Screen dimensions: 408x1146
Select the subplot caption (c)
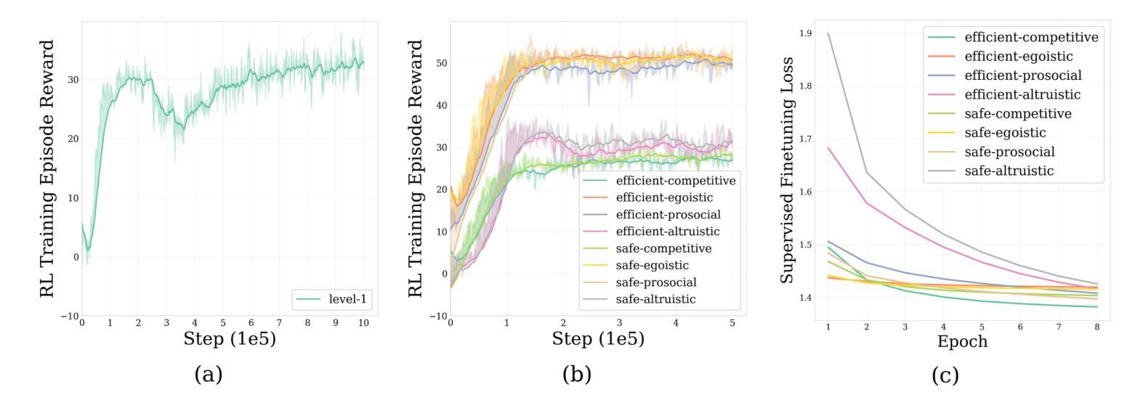[945, 375]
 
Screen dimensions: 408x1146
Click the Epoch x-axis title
[962, 341]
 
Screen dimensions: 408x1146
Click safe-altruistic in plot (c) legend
[1009, 171]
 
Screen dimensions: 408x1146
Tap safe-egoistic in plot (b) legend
[652, 266]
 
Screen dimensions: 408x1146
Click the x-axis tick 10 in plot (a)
[364, 322]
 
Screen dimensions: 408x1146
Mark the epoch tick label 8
[1097, 327]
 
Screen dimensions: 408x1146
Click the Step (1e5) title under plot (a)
[230, 338]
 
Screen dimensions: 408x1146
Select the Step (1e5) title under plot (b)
[598, 338]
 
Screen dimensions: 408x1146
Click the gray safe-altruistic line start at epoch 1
[828, 33]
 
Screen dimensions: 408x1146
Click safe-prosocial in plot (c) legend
[1009, 152]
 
